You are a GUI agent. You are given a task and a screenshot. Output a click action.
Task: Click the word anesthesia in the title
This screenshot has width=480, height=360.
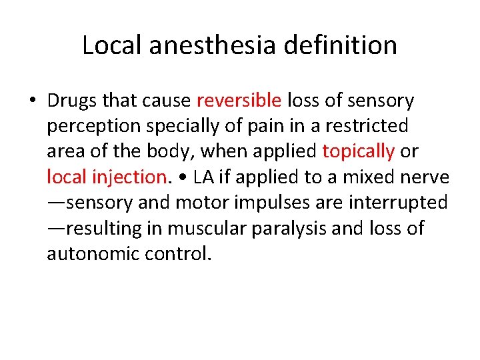click(x=213, y=45)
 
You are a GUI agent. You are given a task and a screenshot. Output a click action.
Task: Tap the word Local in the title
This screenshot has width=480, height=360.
click(x=110, y=45)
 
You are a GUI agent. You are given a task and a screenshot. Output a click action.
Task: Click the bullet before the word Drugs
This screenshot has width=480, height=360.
click(x=33, y=101)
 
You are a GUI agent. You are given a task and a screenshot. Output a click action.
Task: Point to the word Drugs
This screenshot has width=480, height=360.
click(x=71, y=101)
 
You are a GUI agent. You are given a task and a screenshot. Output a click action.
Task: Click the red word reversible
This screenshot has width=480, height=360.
click(x=239, y=101)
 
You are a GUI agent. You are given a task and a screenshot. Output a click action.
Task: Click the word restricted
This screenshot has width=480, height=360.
click(x=369, y=126)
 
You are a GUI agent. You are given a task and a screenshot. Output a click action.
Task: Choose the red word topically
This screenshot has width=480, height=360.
click(x=358, y=151)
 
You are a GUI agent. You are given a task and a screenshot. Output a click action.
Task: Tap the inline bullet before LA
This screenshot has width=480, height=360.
click(x=181, y=177)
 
